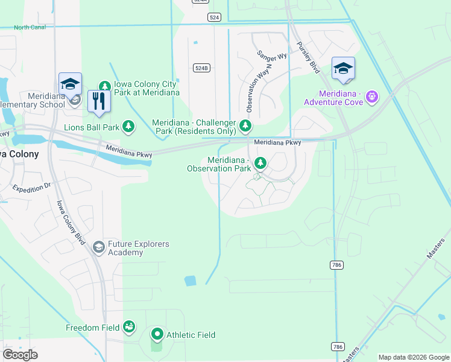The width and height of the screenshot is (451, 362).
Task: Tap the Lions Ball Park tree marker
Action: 128,126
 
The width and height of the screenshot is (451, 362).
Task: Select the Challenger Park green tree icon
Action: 245,125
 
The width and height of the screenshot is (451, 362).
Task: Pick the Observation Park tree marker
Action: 260,163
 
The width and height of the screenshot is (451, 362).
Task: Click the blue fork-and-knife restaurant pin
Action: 99,101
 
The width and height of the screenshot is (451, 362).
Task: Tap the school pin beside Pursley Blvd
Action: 343,69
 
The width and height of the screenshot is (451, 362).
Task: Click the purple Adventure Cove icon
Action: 372,96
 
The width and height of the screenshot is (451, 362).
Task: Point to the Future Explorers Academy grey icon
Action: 98,247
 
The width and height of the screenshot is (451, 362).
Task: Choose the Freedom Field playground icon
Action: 128,327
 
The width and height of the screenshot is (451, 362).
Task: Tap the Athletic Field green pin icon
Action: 157,334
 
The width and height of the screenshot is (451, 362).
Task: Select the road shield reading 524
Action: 215,18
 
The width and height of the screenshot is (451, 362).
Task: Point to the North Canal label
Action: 30,27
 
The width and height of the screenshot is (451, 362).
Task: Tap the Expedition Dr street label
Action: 31,188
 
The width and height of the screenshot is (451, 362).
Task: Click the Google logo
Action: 20,355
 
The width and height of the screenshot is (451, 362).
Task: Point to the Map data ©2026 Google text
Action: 414,357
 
